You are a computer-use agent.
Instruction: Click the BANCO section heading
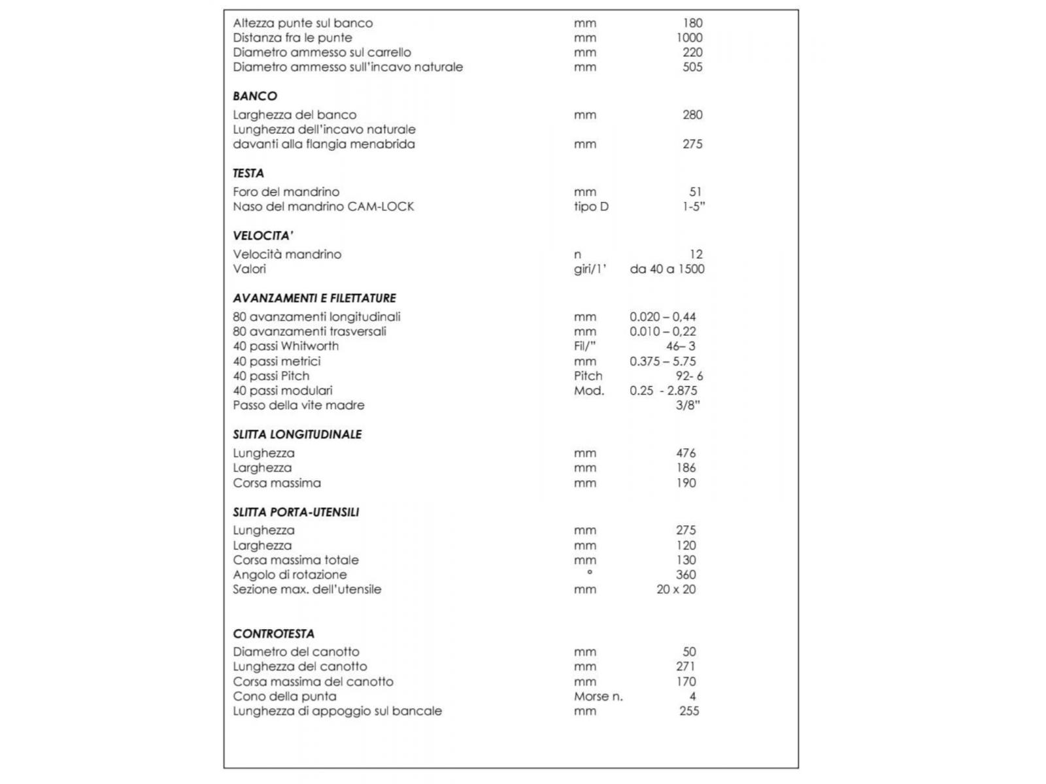click(255, 96)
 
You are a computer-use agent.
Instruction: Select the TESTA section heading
click(248, 173)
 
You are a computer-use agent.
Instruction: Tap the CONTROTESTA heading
click(273, 634)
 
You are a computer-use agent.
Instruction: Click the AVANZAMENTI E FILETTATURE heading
click(314, 298)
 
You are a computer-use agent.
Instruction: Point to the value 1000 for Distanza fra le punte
click(689, 38)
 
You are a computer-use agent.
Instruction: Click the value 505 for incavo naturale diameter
click(692, 67)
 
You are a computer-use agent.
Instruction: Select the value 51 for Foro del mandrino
click(695, 192)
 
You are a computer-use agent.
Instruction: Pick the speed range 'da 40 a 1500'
click(667, 269)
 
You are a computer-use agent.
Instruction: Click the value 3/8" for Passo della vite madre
click(688, 405)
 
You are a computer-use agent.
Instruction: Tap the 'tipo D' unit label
click(591, 206)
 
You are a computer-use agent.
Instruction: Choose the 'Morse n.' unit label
click(598, 696)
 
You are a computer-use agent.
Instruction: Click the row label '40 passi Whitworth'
click(286, 346)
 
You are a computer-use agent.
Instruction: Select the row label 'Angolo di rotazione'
click(290, 575)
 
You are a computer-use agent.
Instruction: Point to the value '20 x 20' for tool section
click(676, 589)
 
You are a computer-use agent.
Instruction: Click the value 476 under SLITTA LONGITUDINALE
click(686, 453)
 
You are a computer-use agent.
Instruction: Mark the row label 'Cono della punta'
click(284, 696)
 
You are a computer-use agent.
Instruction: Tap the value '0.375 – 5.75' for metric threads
click(663, 361)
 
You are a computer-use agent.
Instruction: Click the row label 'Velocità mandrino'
click(287, 254)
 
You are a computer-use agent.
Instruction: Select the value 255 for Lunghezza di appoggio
click(689, 711)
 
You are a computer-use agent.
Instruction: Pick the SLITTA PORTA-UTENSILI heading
click(295, 512)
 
